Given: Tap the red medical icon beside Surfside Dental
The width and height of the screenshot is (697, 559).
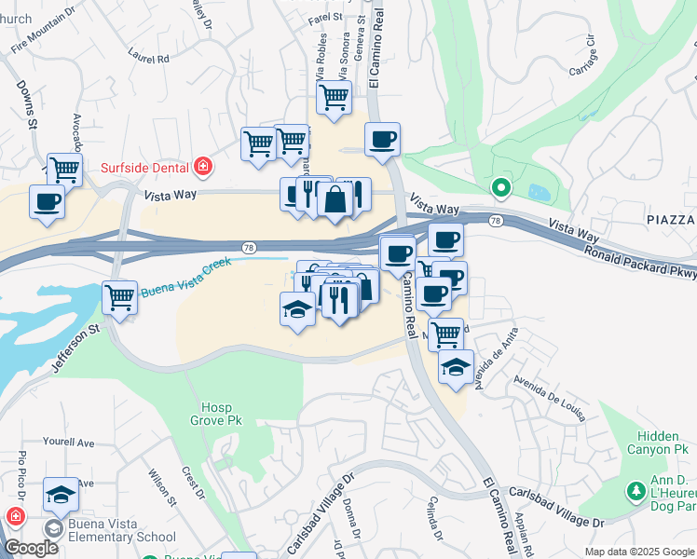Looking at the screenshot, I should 203,168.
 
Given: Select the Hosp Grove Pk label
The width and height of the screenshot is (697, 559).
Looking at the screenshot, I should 222,414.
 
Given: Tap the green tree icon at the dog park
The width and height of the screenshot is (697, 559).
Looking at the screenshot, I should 637,490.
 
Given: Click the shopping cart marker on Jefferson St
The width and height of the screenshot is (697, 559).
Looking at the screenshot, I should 119,298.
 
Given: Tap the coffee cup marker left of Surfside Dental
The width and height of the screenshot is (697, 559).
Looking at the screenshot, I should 47,201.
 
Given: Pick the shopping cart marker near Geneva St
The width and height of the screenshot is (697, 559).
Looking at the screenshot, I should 334,97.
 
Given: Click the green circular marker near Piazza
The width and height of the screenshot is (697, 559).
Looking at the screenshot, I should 501,188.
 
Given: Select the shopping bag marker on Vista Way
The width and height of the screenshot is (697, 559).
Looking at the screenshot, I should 335,198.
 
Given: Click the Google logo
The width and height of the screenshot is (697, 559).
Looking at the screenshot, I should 31,548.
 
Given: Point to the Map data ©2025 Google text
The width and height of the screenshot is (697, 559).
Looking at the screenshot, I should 639,552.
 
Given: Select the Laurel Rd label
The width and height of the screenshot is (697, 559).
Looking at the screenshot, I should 149,58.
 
